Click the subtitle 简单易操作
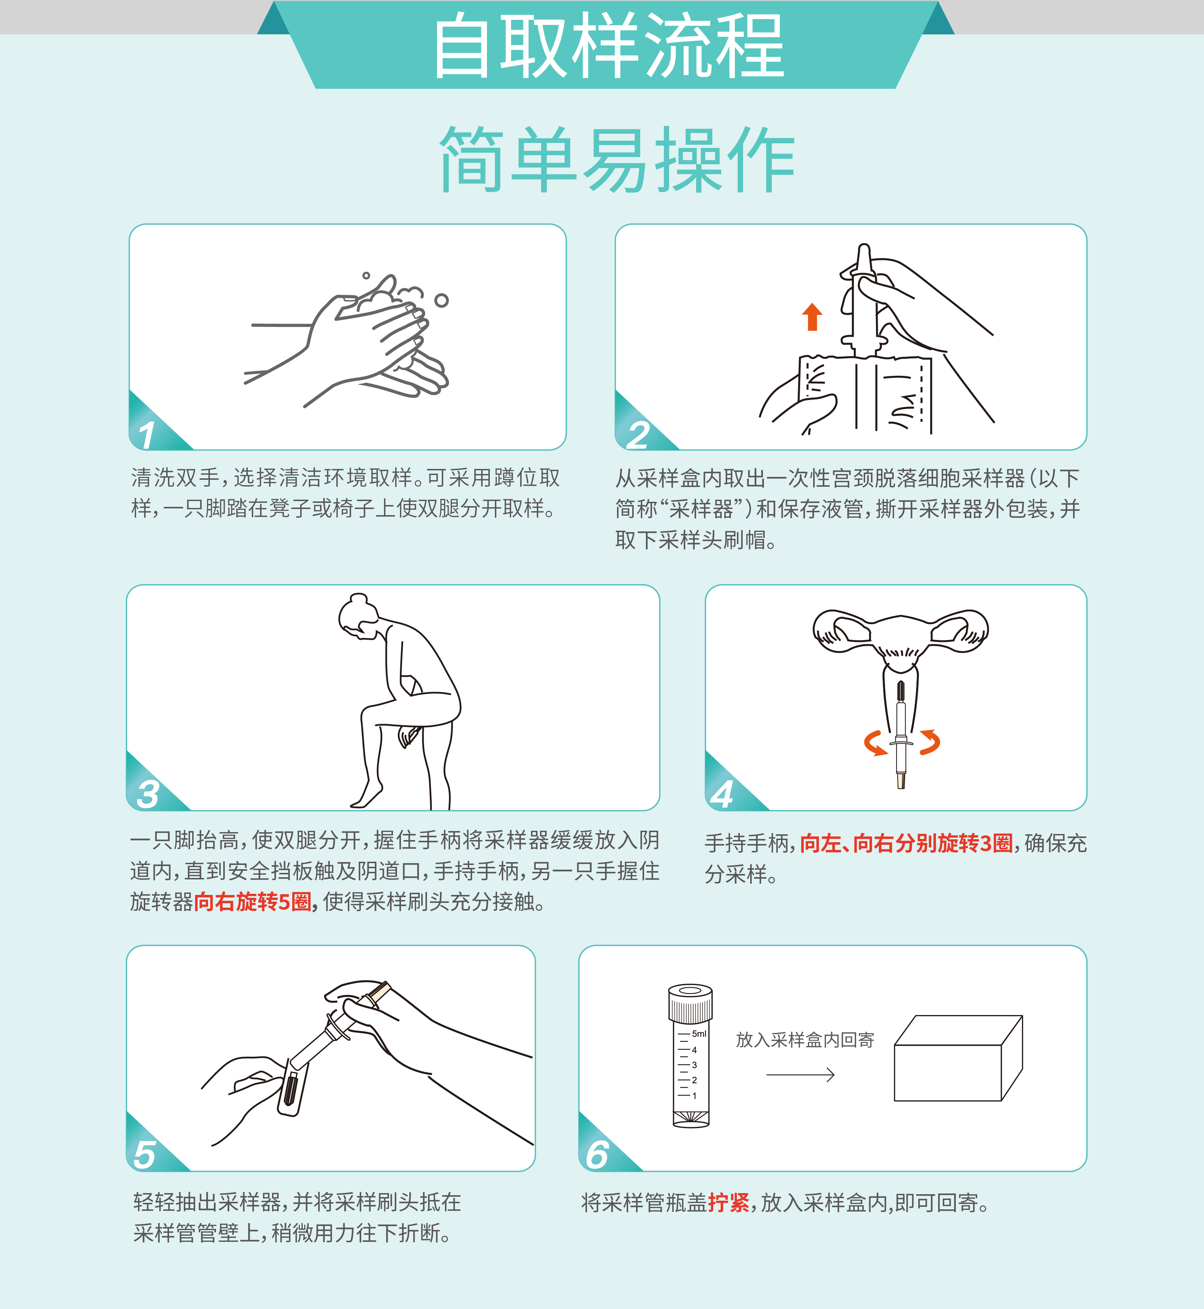pyautogui.click(x=617, y=160)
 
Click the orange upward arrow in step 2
pyautogui.click(x=812, y=317)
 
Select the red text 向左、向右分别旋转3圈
pyautogui.click(x=906, y=843)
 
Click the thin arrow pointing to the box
pyautogui.click(x=800, y=1075)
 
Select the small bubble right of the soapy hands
pyautogui.click(x=442, y=300)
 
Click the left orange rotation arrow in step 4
pyautogui.click(x=874, y=743)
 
